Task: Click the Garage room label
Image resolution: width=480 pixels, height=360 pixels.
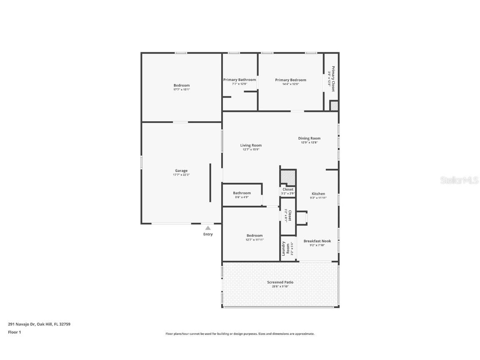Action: click(181, 170)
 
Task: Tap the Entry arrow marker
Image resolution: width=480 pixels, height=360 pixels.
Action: click(208, 228)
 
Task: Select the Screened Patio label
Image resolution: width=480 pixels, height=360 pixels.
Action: click(280, 282)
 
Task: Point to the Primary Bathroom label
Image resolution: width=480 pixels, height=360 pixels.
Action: click(240, 80)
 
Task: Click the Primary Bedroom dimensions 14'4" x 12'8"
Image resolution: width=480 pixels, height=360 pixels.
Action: click(290, 84)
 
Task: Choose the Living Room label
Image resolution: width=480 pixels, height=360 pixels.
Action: click(251, 145)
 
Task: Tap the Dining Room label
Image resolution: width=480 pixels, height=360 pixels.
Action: click(309, 138)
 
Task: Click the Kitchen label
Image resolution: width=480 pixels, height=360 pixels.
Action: click(318, 194)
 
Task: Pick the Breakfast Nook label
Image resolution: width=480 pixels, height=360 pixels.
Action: click(317, 241)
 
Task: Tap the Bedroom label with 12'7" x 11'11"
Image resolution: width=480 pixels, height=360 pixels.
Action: click(255, 235)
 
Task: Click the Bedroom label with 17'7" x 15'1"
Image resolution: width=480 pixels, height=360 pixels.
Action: click(182, 85)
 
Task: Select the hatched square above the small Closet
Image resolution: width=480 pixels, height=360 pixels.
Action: click(287, 177)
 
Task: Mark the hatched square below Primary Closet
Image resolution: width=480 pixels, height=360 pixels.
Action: click(334, 106)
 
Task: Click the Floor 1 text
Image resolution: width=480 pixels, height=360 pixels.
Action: click(14, 332)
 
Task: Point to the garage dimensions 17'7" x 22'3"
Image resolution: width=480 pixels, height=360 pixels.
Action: click(181, 175)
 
